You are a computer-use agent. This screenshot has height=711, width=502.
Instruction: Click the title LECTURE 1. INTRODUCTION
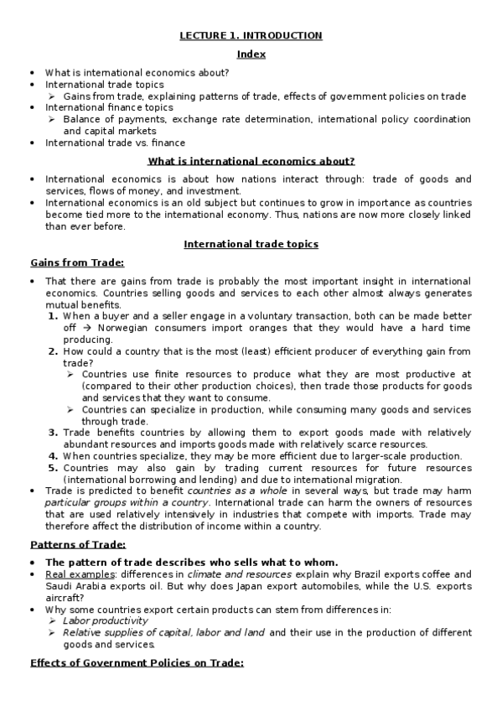pos(251,36)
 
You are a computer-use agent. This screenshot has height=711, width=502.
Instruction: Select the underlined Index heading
pos(251,54)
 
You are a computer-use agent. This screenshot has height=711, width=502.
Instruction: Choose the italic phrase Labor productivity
pos(105,620)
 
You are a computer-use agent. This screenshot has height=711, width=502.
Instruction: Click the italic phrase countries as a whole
pos(230,490)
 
